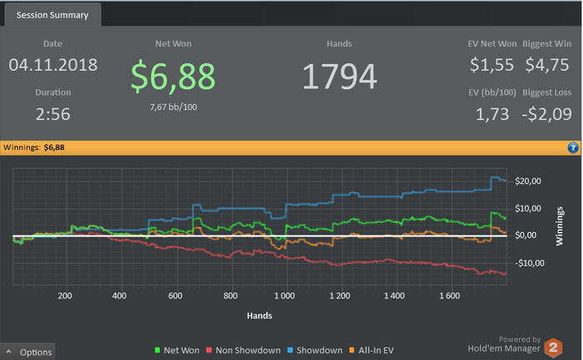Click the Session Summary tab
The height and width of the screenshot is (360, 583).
pos(51,14)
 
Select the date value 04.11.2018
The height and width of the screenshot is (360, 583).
pos(53,64)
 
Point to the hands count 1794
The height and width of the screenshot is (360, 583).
pos(339,77)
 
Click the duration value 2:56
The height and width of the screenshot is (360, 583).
pos(53,114)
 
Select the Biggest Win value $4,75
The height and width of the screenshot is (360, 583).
pos(546,64)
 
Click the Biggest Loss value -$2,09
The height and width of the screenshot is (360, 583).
pos(546,114)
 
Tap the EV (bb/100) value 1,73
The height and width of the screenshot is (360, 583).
pos(493,114)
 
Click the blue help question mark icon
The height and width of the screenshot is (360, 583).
pos(574,147)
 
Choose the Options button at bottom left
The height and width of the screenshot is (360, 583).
pos(30,352)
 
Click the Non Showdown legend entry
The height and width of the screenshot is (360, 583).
pos(241,351)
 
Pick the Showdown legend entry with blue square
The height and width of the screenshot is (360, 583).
pos(316,351)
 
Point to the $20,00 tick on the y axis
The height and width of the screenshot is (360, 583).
pos(529,182)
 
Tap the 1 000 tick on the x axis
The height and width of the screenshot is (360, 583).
pos(285,295)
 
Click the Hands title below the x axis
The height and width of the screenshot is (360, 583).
pos(259,316)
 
